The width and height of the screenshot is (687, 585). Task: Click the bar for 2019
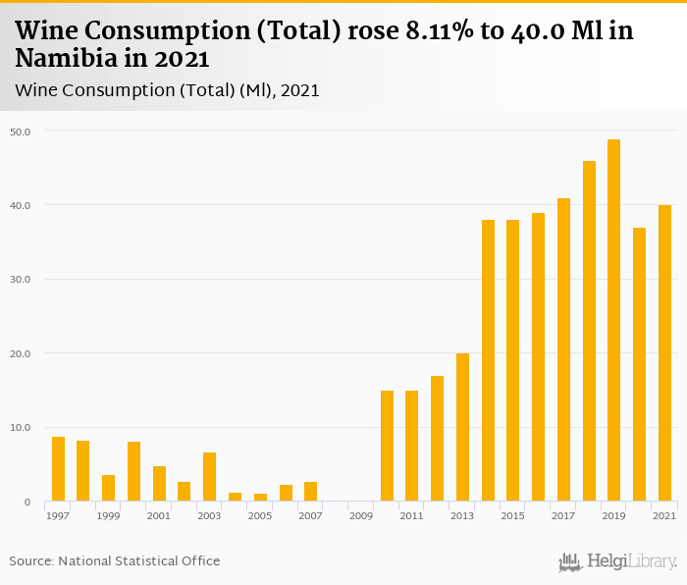613,320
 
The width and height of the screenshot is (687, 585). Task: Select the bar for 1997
58,469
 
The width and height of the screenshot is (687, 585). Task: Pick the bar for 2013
462,427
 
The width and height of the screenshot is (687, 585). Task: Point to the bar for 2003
209,477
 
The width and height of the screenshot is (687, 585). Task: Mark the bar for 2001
159,484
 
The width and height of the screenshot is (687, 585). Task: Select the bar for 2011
411,446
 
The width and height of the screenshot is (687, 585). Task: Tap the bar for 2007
310,492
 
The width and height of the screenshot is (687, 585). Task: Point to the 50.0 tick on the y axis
22,132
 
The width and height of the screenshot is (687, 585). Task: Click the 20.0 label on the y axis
22,353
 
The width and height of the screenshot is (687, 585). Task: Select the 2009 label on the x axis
360,515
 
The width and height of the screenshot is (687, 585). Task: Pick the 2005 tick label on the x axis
259,515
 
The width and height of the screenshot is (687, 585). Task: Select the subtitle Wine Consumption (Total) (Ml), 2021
167,90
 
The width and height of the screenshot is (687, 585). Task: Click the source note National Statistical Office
115,560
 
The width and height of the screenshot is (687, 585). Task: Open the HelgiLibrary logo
618,561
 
